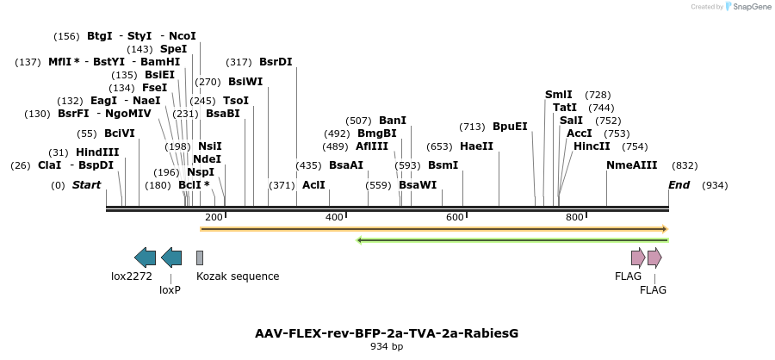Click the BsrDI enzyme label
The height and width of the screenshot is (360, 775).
(x=276, y=62)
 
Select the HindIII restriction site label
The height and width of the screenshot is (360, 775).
(x=97, y=152)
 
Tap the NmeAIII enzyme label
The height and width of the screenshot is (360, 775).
(x=631, y=165)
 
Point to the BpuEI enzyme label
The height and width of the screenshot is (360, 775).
(x=510, y=126)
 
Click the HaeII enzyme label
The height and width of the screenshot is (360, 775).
(x=476, y=146)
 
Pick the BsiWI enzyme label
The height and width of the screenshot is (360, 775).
(x=245, y=82)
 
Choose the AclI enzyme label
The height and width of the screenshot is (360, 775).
(x=313, y=185)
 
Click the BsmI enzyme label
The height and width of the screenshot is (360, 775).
(x=443, y=165)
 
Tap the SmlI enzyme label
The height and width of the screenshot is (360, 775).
(x=558, y=95)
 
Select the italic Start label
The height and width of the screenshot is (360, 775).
(x=86, y=185)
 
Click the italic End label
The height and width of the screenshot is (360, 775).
(x=679, y=185)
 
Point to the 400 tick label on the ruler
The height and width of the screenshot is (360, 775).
(x=334, y=218)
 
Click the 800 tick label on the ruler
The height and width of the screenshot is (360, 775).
(x=574, y=218)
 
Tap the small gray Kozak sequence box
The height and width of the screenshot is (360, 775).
(x=200, y=258)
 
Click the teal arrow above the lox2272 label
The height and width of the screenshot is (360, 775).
(x=145, y=257)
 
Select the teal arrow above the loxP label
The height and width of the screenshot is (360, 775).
(x=171, y=257)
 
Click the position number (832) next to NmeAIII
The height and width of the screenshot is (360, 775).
(x=685, y=165)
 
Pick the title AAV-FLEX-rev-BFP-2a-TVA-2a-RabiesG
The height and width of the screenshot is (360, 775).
(x=387, y=333)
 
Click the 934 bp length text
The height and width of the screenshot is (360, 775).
(x=387, y=347)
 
